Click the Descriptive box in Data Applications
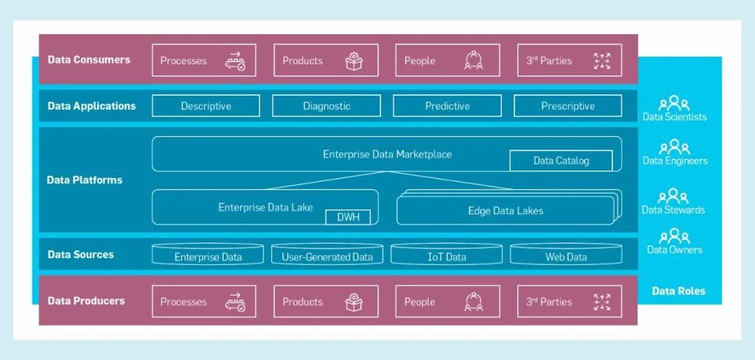tap(206, 106)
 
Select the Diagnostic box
tap(326, 106)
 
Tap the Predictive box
tap(447, 106)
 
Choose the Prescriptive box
tap(568, 106)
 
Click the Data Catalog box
tap(561, 161)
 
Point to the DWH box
tap(348, 217)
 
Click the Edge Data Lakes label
tap(505, 210)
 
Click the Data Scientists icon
tap(675, 103)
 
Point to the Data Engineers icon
tap(675, 147)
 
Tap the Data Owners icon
tap(675, 236)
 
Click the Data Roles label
tap(678, 291)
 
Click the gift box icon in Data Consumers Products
tap(354, 61)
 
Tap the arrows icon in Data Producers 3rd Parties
tap(602, 302)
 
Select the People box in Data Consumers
tap(447, 61)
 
